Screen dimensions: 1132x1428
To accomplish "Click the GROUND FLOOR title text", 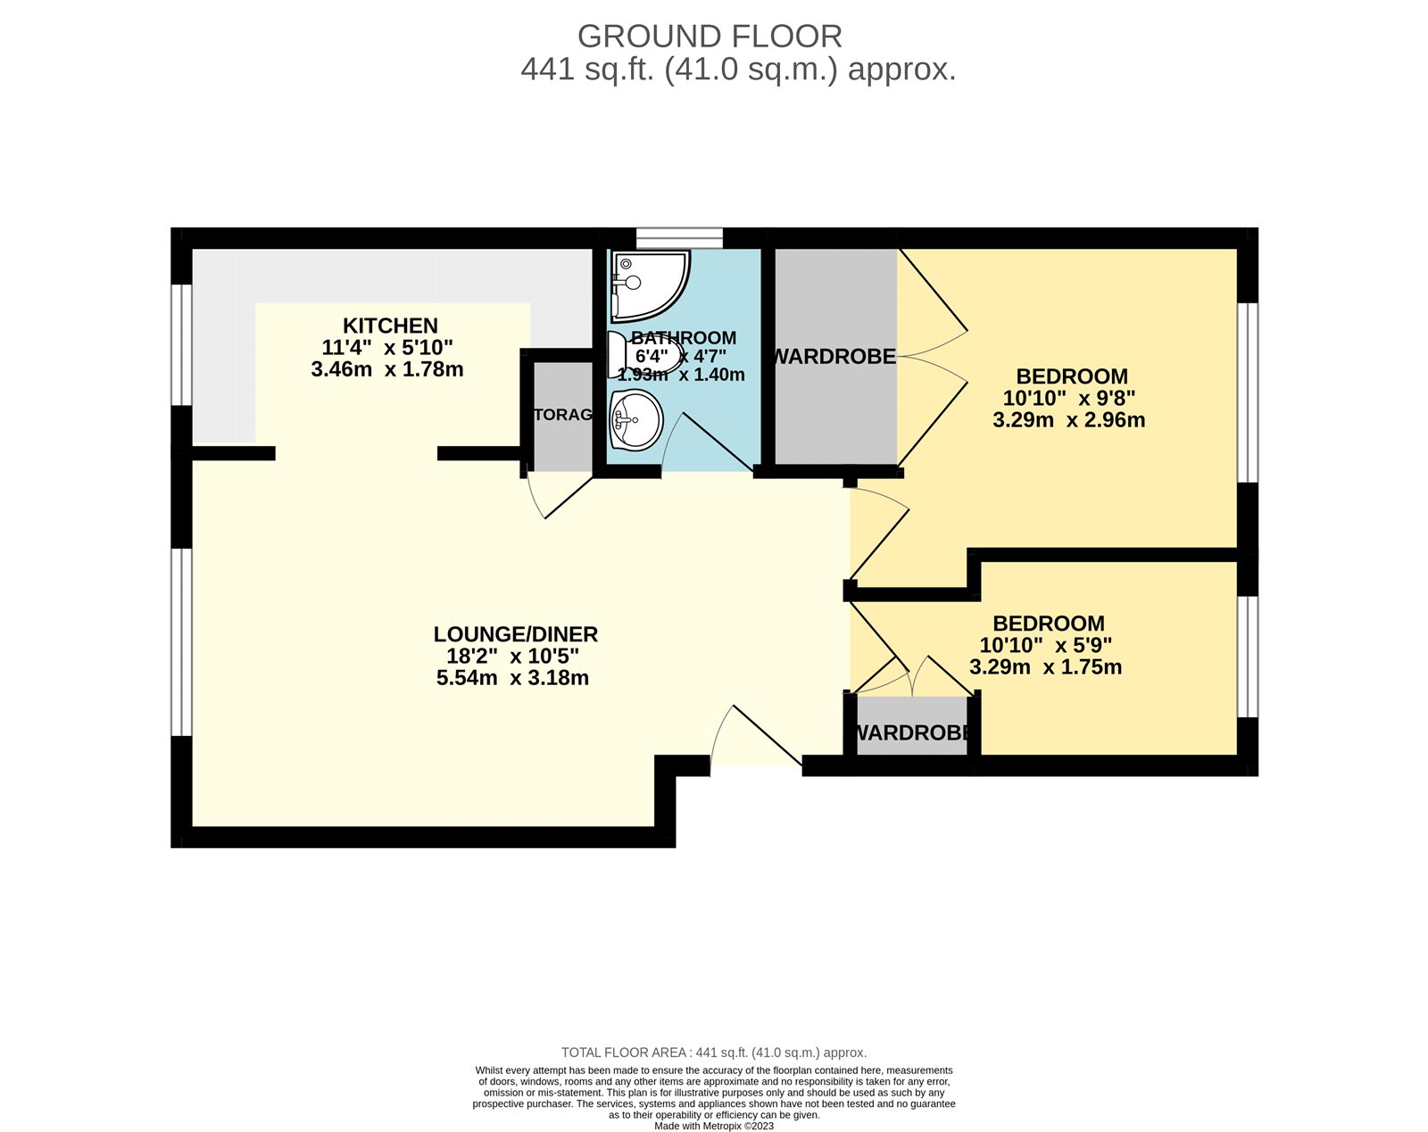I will [x=710, y=37].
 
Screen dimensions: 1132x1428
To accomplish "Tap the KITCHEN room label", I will [x=390, y=326].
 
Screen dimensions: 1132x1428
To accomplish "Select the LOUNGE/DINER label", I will [x=515, y=634].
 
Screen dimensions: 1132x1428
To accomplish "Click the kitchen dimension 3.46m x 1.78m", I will [x=387, y=369].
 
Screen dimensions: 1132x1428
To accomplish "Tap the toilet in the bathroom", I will [x=625, y=355].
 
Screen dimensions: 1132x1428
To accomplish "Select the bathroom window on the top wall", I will [x=678, y=237].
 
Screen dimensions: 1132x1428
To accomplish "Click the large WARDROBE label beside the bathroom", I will [x=834, y=357].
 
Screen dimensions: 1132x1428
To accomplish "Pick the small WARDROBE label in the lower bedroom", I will [x=912, y=733].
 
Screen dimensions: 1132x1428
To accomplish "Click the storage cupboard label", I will [x=562, y=415].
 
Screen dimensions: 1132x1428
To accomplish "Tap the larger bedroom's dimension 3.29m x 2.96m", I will [x=1068, y=420].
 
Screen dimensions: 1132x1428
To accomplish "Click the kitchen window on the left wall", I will [x=181, y=344].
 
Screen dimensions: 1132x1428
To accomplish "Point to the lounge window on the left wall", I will [x=181, y=642].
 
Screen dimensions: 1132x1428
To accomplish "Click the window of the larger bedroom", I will [x=1248, y=392].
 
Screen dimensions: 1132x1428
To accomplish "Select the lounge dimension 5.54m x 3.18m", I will [x=512, y=678].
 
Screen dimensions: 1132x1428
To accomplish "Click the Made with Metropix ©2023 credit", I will [x=714, y=1126].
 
